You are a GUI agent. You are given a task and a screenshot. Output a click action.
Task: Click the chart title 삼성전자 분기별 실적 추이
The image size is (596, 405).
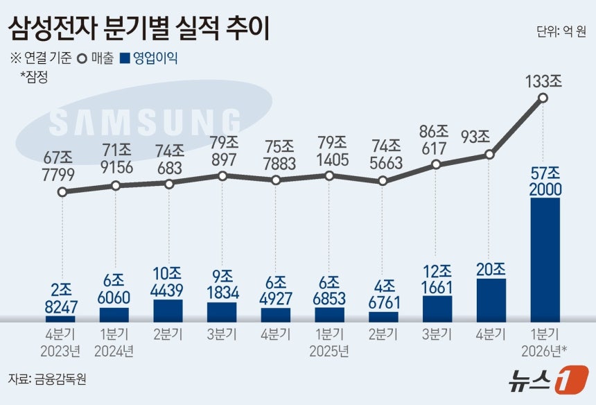139,28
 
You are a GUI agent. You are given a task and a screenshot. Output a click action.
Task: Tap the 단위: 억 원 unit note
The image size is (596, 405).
561,32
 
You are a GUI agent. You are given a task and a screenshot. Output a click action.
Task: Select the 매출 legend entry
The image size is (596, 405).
97,59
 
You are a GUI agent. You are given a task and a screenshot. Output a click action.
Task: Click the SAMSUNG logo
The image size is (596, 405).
145,123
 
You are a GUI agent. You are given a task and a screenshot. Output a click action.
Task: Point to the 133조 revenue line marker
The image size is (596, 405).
543,98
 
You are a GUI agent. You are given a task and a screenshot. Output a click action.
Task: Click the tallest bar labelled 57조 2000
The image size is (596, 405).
545,260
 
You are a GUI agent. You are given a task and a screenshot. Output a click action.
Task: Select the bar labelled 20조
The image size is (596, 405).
491,300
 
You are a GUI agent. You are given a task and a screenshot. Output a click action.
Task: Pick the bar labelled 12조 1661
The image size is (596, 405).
437,308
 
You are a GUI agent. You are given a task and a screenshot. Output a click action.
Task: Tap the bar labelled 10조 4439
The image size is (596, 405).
168,310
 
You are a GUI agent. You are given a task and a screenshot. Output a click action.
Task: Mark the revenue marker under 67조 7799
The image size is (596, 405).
62,192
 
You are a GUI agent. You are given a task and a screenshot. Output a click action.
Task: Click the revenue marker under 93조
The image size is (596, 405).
490,155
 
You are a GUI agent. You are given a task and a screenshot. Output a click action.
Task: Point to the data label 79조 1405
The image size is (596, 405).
329,152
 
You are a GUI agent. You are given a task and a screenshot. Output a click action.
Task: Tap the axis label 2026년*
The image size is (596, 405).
545,351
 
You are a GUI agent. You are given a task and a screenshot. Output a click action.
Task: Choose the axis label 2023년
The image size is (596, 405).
61,351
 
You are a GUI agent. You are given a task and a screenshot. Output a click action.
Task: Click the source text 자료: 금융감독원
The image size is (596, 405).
48,379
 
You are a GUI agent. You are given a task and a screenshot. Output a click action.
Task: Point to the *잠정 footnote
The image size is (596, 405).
34,77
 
